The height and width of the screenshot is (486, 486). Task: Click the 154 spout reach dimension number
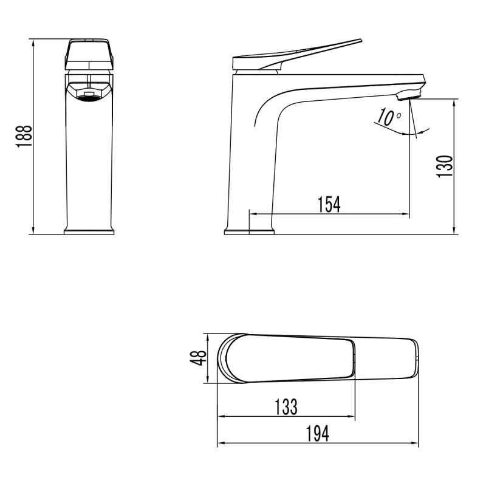(x=329, y=205)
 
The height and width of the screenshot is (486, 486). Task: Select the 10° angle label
(x=388, y=117)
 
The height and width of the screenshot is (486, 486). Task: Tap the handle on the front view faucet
(x=89, y=55)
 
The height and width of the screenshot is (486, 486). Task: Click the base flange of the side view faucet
(x=249, y=231)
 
